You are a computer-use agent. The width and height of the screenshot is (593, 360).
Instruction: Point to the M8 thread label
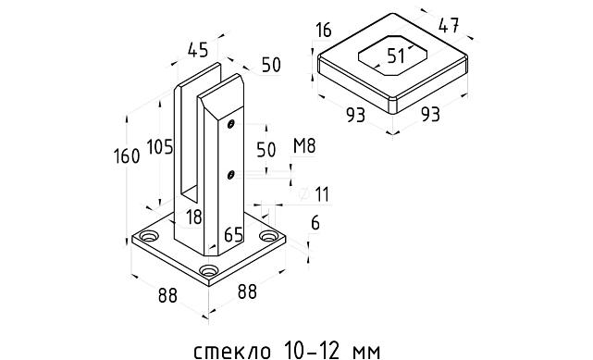(x=303, y=146)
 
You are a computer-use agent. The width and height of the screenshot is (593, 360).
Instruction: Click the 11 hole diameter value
(x=322, y=193)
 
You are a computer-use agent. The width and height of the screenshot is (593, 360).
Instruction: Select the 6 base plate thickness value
(x=315, y=222)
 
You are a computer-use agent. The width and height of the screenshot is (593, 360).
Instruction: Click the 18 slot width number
(x=192, y=217)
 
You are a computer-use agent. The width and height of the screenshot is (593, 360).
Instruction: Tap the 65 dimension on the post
(x=233, y=235)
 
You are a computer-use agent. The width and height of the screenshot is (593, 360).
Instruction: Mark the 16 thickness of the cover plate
(x=322, y=31)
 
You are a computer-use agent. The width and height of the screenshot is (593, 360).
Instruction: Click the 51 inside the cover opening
(x=396, y=56)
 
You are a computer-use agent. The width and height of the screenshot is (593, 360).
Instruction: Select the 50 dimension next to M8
(x=266, y=149)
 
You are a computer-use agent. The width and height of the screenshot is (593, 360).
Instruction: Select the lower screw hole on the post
(x=230, y=173)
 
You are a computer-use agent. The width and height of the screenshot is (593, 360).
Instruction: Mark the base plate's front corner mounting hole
(x=208, y=273)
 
